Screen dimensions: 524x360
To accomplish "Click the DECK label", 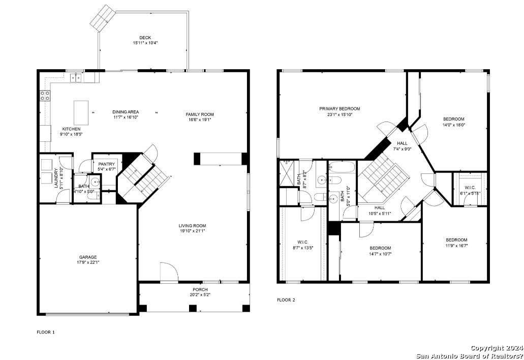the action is pos(145,38).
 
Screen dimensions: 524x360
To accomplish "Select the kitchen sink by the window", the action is pos(76,78).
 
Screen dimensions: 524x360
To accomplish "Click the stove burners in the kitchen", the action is pos(45,96).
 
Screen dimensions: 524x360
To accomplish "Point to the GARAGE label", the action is pos(88,257).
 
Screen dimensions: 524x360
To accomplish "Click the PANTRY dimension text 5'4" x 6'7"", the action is pos(107,169).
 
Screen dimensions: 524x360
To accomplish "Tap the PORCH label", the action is pos(200,289).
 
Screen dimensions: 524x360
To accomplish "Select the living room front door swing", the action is pos(169,272).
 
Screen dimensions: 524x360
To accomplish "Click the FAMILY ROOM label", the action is pos(200,114).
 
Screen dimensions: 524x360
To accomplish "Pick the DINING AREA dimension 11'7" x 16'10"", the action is pos(126,117).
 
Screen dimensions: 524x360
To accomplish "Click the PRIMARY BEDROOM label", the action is pos(340,109).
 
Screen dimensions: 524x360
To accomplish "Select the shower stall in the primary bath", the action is pos(288,172).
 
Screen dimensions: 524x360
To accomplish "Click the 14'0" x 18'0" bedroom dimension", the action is pos(454,125).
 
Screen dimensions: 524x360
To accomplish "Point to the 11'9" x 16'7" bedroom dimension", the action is pos(456,246).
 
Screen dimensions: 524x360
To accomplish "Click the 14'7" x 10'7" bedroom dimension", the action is pos(380,254).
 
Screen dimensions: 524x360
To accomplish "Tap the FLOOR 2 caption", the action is pos(286,300).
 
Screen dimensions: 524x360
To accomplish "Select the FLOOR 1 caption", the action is pos(45,332).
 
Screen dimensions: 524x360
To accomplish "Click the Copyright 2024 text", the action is pos(497,348).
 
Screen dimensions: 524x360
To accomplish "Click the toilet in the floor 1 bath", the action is pos(95,196).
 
